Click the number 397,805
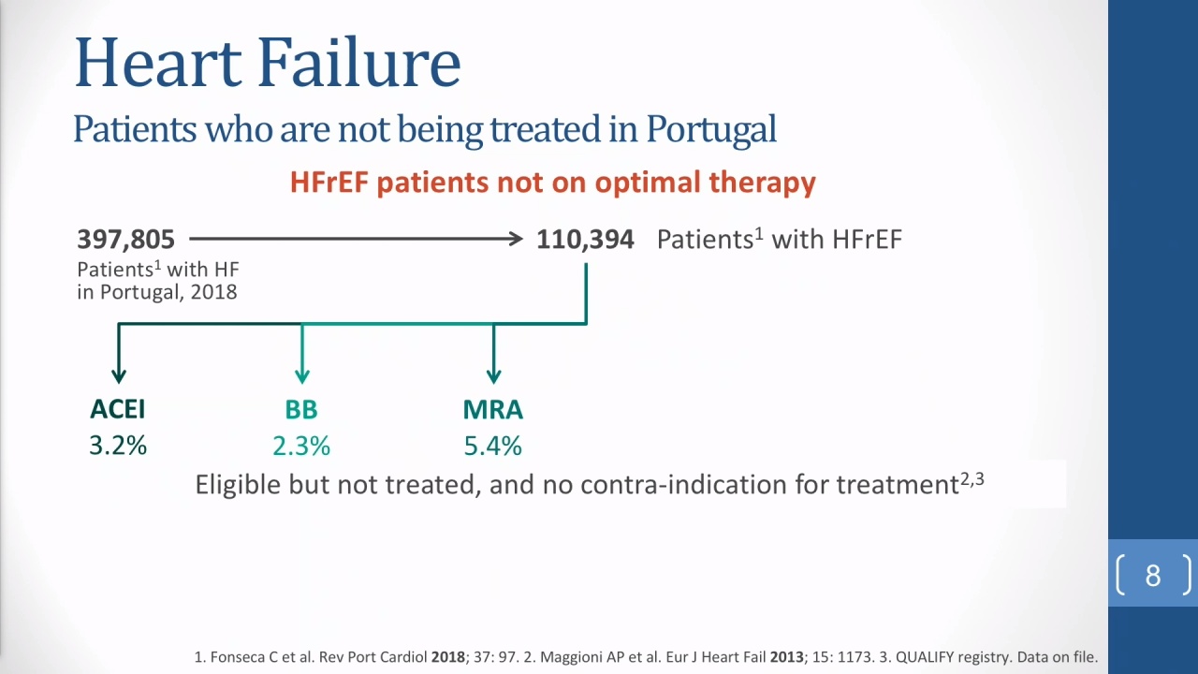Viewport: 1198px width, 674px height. click(x=125, y=240)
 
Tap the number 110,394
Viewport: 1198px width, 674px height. click(x=585, y=240)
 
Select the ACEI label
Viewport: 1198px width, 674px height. click(x=118, y=409)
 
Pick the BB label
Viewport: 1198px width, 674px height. click(x=301, y=410)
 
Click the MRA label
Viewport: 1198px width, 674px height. click(x=493, y=410)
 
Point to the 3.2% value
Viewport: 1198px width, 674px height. click(x=118, y=446)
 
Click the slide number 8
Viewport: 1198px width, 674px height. click(x=1153, y=576)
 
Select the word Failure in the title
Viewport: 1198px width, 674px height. click(x=359, y=62)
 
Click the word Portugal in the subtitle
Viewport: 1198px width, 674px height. click(x=711, y=129)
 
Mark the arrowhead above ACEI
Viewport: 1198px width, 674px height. click(x=119, y=376)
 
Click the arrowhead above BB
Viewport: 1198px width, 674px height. click(x=302, y=376)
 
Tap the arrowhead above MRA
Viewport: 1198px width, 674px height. click(x=493, y=376)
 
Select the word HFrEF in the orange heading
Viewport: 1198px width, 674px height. click(x=329, y=183)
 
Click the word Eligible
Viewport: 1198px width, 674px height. click(x=238, y=485)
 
